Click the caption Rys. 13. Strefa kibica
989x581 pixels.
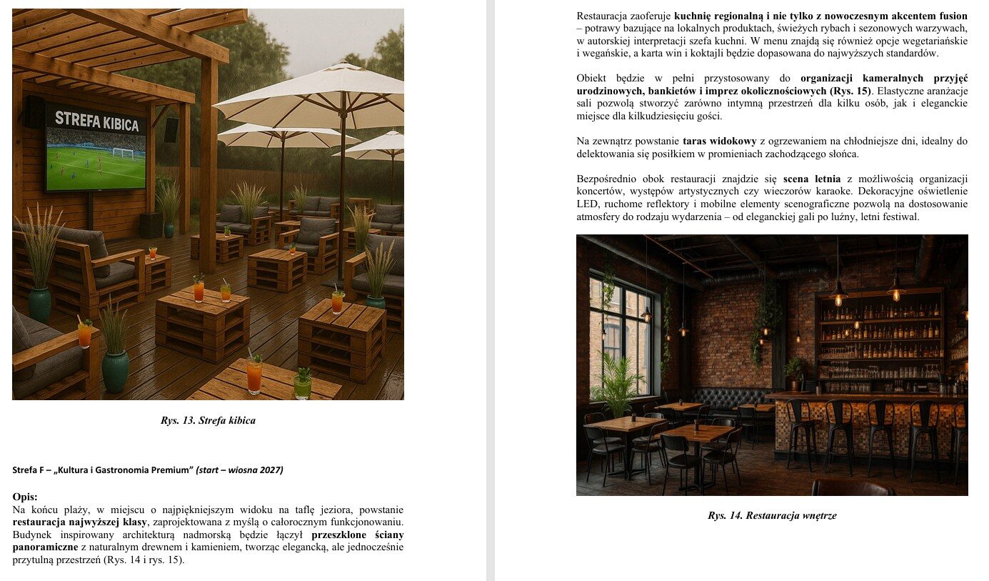tap(208, 420)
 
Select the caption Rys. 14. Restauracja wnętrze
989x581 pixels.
tap(772, 515)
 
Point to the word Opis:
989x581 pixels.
tap(25, 497)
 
